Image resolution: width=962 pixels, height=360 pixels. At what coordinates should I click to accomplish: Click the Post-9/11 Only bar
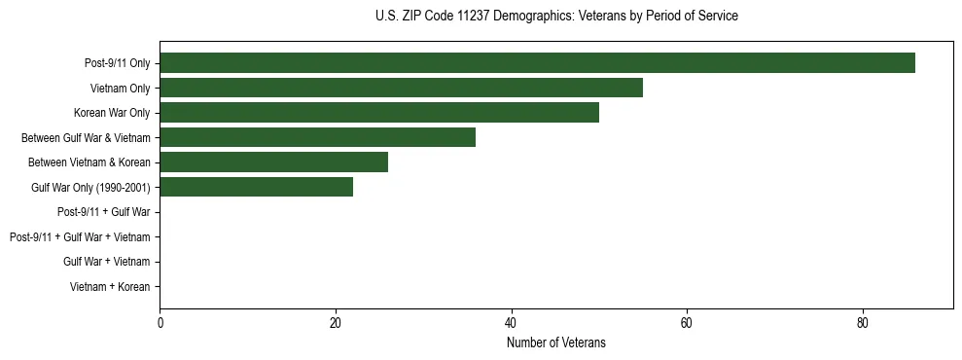click(x=537, y=63)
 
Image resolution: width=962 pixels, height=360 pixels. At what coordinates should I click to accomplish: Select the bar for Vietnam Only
click(x=401, y=88)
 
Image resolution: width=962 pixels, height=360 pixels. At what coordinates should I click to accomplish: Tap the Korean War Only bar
click(x=379, y=113)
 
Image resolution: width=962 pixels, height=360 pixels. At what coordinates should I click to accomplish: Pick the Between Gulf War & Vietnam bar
click(x=317, y=137)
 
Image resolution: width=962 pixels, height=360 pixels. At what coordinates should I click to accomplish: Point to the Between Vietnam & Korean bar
click(x=273, y=162)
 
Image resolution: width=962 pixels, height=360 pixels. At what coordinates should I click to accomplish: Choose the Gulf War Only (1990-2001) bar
click(x=256, y=187)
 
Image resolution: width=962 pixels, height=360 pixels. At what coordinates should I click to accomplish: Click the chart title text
click(x=556, y=17)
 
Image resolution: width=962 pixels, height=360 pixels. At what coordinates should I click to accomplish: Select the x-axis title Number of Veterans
click(x=556, y=342)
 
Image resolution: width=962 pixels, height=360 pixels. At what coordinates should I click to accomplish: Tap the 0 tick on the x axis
click(x=160, y=322)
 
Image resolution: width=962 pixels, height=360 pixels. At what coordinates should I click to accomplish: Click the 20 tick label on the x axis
click(x=336, y=322)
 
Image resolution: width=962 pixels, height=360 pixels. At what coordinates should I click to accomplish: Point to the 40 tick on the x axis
click(x=511, y=322)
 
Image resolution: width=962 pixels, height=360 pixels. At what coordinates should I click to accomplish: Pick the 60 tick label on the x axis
click(x=687, y=322)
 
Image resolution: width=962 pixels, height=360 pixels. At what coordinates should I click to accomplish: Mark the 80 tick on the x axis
click(x=863, y=322)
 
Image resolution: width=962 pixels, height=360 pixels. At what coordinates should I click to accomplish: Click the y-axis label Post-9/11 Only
click(x=117, y=63)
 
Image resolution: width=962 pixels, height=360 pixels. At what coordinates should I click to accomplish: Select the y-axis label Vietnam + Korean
click(x=110, y=286)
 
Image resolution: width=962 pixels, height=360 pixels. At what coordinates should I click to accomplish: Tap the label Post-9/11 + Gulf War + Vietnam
click(x=80, y=236)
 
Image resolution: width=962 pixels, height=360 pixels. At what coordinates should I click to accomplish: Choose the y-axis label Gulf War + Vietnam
click(x=106, y=262)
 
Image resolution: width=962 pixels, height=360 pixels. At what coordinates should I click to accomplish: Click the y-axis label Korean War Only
click(x=112, y=113)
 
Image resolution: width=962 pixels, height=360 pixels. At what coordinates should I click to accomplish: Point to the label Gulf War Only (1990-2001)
click(x=90, y=187)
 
